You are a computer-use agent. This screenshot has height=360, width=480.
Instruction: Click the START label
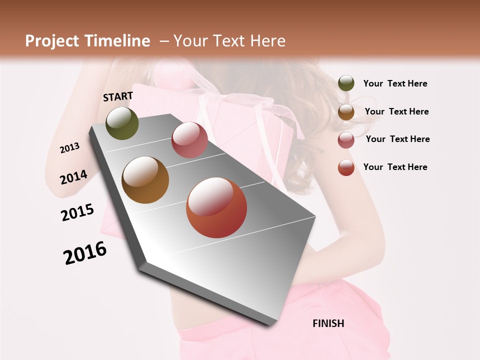pos(118,96)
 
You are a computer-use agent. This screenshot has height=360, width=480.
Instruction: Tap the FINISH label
pos(328,323)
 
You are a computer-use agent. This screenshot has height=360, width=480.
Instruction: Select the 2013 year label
pos(69,147)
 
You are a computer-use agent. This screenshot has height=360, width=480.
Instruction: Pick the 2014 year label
pos(73,177)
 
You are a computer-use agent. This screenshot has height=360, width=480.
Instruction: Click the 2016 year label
pos(85,252)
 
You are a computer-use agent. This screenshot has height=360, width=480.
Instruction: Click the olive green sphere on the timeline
pos(122,123)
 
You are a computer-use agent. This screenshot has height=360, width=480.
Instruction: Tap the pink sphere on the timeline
pos(189,140)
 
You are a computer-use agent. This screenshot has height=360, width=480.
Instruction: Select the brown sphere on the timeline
pos(145,180)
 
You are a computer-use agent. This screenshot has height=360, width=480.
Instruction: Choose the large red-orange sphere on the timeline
pos(216,207)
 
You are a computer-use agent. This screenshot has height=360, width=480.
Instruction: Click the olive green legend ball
pos(346,83)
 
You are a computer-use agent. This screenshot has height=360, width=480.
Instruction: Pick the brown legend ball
pos(346,112)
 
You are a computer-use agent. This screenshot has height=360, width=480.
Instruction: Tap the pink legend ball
pos(346,140)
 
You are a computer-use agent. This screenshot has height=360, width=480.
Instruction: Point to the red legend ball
pos(346,167)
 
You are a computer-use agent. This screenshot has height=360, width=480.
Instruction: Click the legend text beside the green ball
pos(395,83)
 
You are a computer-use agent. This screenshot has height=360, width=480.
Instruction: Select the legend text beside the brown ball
pos(396,111)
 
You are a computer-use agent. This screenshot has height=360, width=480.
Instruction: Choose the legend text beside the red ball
pos(395,167)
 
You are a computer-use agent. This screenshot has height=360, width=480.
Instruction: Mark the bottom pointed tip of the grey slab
pos(272,324)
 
